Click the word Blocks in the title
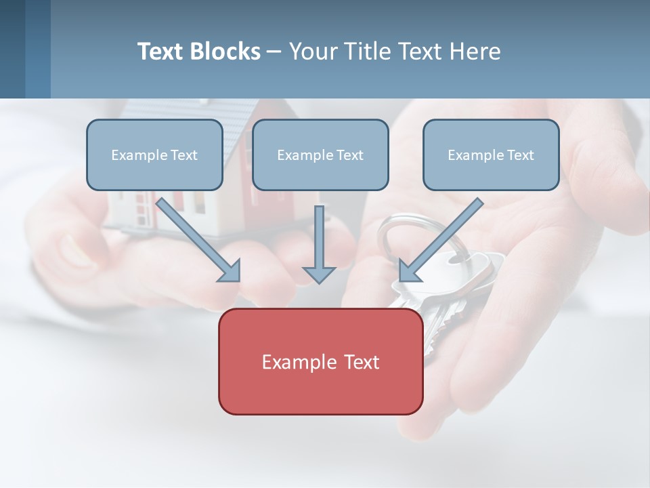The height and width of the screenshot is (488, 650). [227, 52]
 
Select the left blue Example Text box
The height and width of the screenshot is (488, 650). [154, 155]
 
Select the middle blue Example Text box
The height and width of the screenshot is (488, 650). [320, 155]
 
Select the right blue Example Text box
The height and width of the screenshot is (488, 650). [491, 155]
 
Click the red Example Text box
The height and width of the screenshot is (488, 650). [320, 361]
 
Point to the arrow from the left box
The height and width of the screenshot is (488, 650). [196, 238]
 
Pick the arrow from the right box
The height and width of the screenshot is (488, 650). [443, 238]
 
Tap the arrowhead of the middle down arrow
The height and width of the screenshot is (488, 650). [319, 274]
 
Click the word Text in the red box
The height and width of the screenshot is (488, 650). [359, 361]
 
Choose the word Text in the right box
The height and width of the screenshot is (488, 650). [520, 155]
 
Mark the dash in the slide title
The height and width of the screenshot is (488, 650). [274, 52]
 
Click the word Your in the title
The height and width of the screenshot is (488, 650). [312, 52]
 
